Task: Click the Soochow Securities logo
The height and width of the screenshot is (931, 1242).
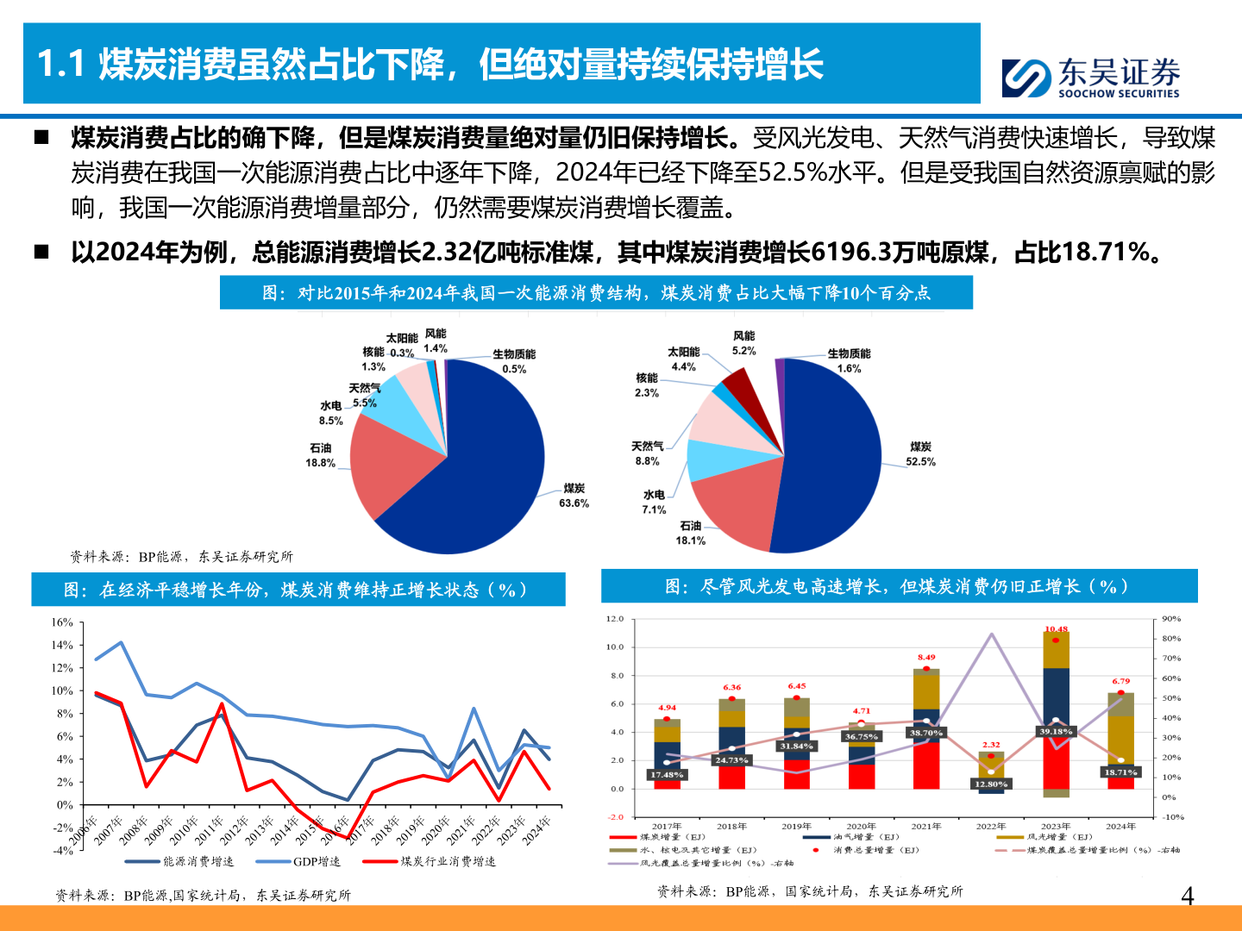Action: click(1090, 78)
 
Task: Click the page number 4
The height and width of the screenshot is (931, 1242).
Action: click(1187, 897)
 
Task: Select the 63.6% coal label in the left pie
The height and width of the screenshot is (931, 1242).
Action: click(574, 496)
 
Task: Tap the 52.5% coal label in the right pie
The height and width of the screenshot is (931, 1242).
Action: click(920, 454)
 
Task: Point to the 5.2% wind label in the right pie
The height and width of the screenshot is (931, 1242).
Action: click(743, 343)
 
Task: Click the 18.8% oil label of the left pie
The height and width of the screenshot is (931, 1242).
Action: click(320, 455)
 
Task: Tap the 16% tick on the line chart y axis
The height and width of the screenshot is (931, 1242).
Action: click(62, 622)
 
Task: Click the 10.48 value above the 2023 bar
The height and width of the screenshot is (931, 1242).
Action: click(1056, 629)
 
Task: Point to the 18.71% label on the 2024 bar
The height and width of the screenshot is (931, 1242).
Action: click(1120, 772)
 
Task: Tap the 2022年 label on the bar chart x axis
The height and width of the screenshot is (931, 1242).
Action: click(991, 826)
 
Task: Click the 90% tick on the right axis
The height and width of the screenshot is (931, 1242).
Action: click(1171, 619)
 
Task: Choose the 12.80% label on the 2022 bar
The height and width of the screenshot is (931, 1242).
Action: click(991, 784)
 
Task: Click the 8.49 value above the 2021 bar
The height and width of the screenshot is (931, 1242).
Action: click(926, 658)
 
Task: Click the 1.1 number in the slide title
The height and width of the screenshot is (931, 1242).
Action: click(60, 65)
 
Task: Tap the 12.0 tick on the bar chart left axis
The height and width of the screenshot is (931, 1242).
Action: click(614, 619)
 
